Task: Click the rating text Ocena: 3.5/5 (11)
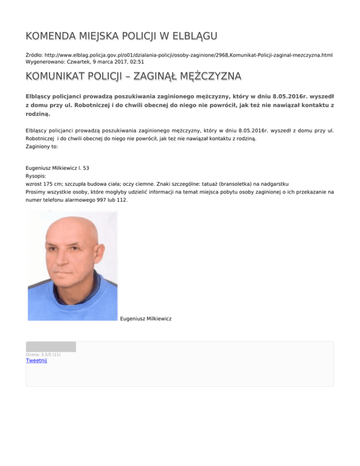[x=43, y=354]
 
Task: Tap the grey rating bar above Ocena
[x=51, y=347]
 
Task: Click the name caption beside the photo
[x=146, y=319]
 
